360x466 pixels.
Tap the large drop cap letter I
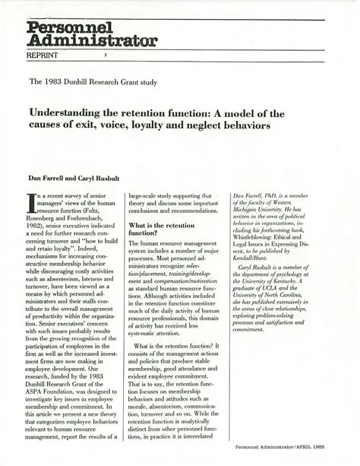33,203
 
